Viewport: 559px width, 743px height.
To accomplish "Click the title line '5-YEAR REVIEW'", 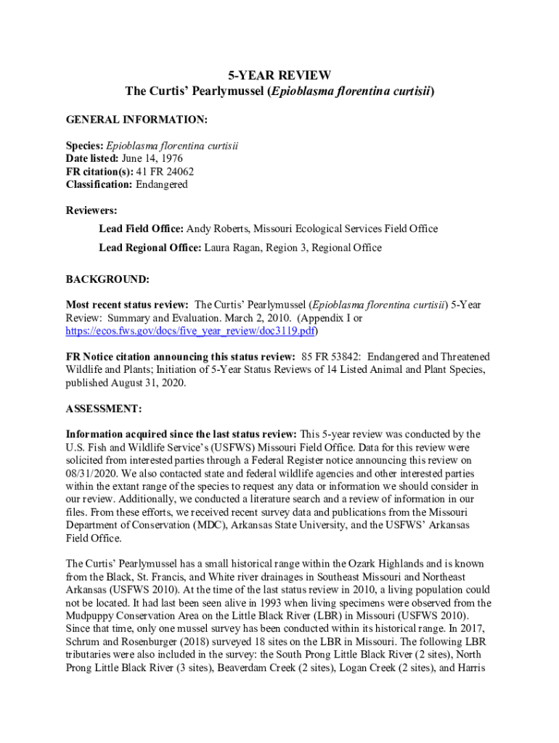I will tap(279, 75).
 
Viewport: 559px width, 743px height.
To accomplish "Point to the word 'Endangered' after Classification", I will tap(161, 184).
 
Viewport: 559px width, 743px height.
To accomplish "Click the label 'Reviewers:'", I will tap(91, 210).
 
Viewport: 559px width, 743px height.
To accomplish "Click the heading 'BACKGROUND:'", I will tap(107, 279).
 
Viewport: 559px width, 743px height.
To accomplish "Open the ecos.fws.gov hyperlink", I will tap(191, 330).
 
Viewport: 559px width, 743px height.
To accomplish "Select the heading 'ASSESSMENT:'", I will tap(104, 409).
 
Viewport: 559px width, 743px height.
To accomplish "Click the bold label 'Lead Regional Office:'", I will tap(149, 247).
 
